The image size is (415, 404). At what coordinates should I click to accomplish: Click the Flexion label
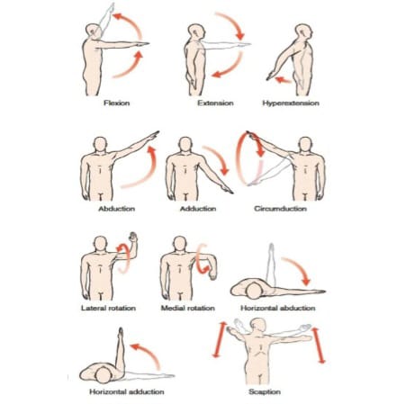pos(117,103)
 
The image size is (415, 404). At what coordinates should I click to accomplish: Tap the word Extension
pos(215,103)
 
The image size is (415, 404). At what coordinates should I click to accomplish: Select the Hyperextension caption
pos(291,103)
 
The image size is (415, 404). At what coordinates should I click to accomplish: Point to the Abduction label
pos(117,209)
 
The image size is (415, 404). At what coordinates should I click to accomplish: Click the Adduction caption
pos(198,209)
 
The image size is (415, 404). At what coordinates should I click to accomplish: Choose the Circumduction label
pos(280,209)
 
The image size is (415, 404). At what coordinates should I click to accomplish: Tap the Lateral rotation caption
pos(108,308)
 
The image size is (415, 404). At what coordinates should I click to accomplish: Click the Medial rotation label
pos(188,308)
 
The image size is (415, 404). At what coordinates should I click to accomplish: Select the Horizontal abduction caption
pos(278,308)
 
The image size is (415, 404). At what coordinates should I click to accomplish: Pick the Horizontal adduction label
pos(127,391)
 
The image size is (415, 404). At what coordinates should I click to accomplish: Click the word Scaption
pos(265,391)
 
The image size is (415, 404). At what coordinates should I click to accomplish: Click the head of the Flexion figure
pos(93,31)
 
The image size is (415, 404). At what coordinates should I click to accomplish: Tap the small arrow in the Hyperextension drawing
pos(283,80)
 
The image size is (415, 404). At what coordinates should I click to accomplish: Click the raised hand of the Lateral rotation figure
pos(132,237)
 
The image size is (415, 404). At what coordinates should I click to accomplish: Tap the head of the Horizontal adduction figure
pos(103,375)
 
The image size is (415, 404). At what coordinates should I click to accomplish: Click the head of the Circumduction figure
pos(305,145)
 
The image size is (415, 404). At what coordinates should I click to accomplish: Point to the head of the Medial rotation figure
pos(180,243)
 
